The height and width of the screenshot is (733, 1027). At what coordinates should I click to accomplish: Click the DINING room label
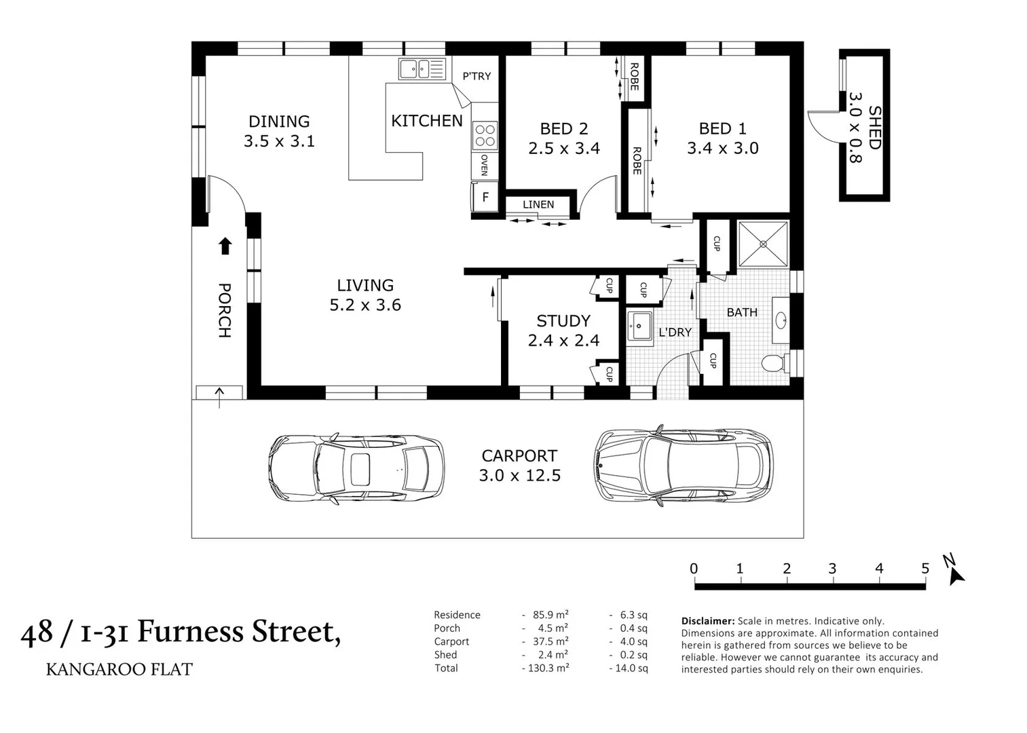pyautogui.click(x=279, y=121)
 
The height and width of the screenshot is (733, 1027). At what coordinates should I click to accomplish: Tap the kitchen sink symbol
pyautogui.click(x=422, y=69)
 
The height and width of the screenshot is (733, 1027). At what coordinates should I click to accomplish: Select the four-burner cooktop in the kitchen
pyautogui.click(x=485, y=135)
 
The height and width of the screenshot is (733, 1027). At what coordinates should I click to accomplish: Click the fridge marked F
pyautogui.click(x=485, y=197)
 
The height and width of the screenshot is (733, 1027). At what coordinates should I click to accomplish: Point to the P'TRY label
pyautogui.click(x=477, y=76)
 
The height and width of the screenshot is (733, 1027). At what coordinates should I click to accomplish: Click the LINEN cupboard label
pyautogui.click(x=538, y=204)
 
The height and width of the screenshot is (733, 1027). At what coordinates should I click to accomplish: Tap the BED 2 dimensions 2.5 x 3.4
pyautogui.click(x=564, y=149)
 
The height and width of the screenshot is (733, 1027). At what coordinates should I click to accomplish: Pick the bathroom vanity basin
pyautogui.click(x=781, y=320)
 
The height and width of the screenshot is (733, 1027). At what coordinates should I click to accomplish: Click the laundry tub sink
pyautogui.click(x=639, y=326)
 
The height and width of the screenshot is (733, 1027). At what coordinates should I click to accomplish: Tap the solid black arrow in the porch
pyautogui.click(x=225, y=246)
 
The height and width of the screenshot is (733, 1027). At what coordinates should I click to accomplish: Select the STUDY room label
pyautogui.click(x=563, y=321)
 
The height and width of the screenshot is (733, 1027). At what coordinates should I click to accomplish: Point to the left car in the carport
pyautogui.click(x=356, y=467)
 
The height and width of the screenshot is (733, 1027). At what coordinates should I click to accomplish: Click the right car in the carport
pyautogui.click(x=684, y=466)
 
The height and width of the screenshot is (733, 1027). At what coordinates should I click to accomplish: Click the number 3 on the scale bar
pyautogui.click(x=832, y=569)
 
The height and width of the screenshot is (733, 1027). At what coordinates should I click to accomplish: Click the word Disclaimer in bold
pyautogui.click(x=708, y=621)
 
